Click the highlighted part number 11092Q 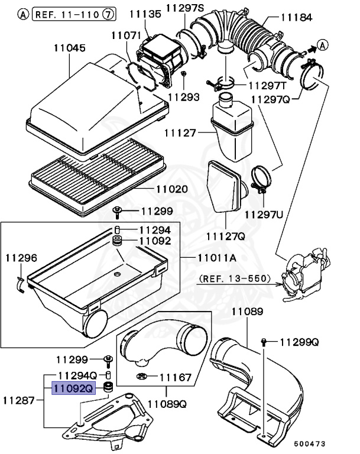[73, 389]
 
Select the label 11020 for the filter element [171, 190]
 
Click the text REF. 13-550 [235, 278]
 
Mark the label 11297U [264, 213]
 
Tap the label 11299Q [299, 342]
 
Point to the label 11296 [21, 258]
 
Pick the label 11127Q [225, 236]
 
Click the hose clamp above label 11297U [261, 179]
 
